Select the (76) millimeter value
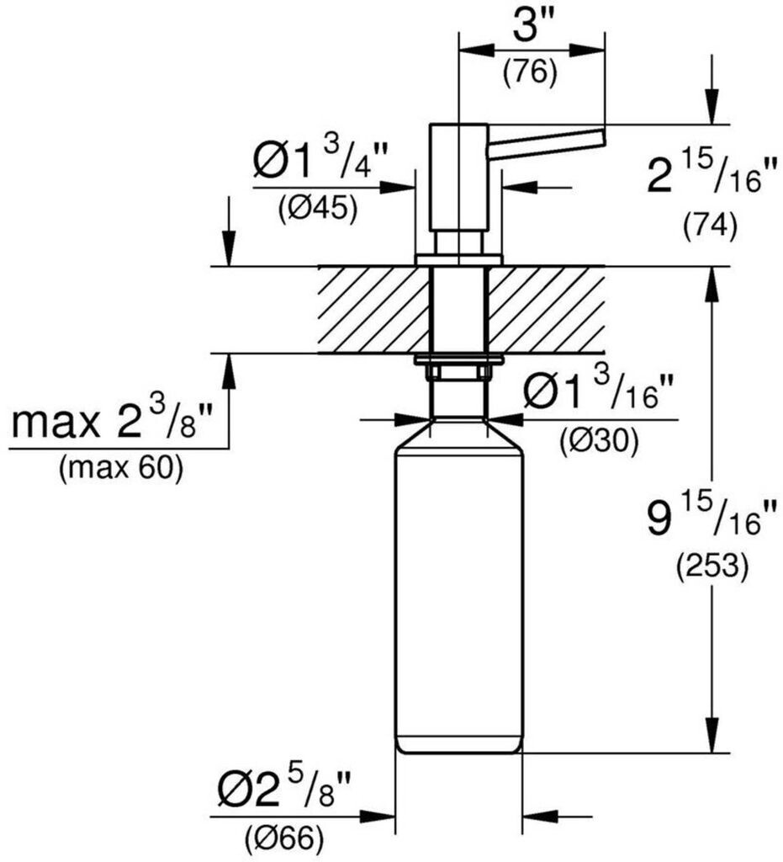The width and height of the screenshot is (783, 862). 530,73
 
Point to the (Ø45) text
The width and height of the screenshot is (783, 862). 318,207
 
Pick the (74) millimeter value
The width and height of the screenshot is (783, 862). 711,225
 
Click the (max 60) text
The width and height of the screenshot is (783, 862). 121,469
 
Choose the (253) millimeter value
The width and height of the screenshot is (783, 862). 712,567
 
